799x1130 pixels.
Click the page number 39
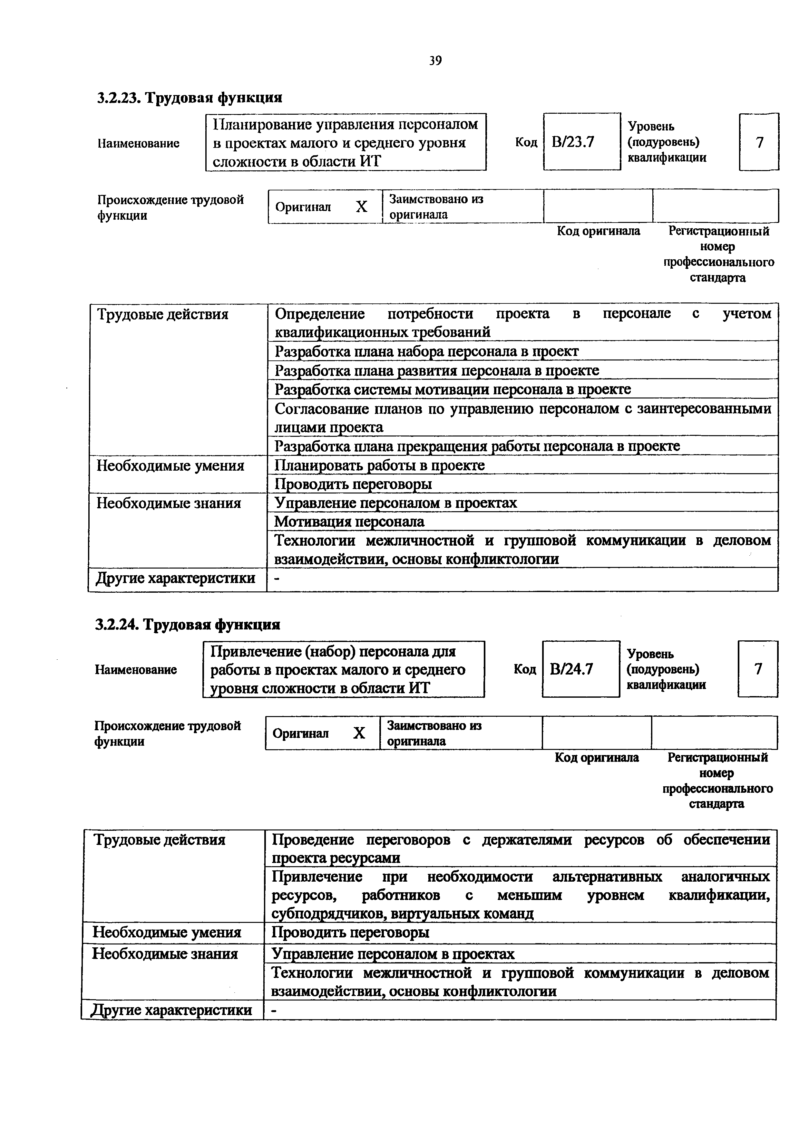(435, 61)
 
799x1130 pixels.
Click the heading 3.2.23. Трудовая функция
(190, 98)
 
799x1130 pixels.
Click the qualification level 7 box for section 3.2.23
(759, 142)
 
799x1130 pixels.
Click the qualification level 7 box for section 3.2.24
(758, 669)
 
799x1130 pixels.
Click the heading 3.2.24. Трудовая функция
(188, 625)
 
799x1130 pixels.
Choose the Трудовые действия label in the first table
(162, 314)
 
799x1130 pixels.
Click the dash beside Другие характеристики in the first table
(276, 579)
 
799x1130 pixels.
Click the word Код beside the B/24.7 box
(525, 669)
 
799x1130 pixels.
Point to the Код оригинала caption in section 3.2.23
(598, 231)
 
